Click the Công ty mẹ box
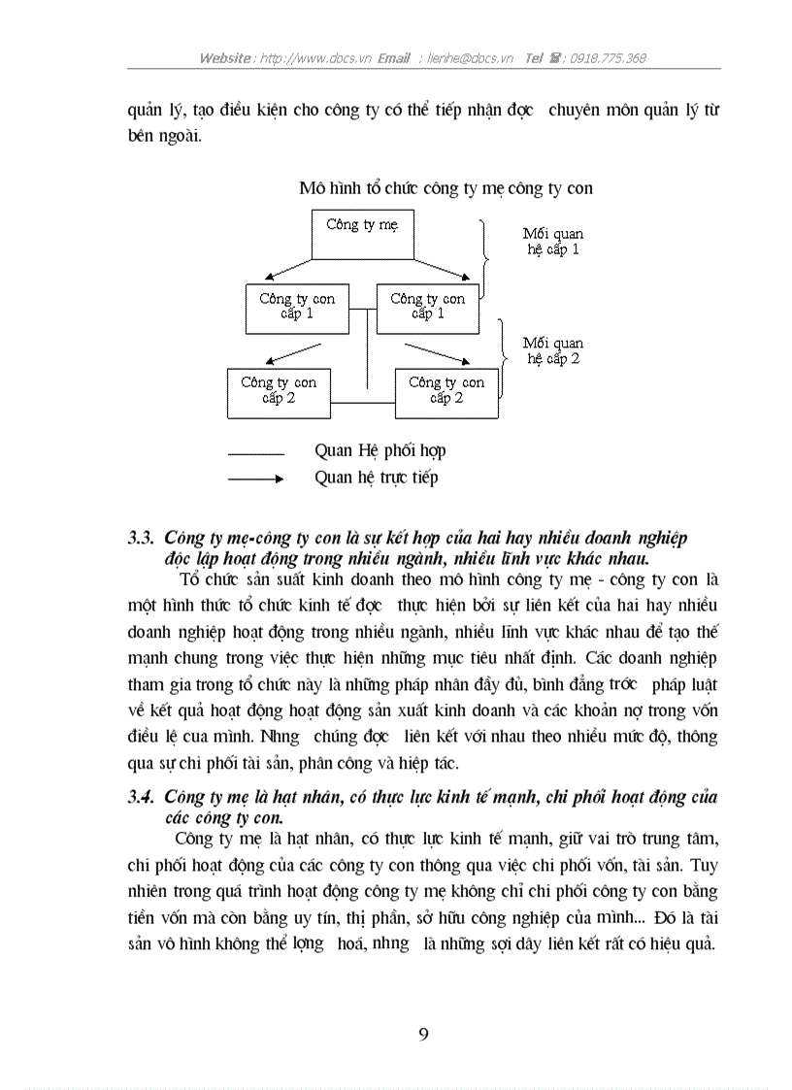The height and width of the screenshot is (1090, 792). coord(363,234)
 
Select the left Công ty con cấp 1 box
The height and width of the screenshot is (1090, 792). coord(296,308)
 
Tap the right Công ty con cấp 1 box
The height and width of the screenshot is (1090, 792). coord(427,308)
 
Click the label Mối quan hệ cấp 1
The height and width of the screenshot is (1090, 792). coord(552,242)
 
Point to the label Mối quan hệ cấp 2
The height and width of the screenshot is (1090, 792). coord(552,350)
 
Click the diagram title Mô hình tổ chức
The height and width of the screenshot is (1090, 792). coord(445,188)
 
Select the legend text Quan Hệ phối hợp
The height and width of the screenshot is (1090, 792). coord(380,451)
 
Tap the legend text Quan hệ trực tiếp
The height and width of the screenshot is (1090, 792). coord(377,478)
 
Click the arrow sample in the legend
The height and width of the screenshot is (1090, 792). coord(255,479)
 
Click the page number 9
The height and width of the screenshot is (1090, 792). coord(423,1034)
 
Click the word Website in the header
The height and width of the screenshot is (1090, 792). coord(227,58)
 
